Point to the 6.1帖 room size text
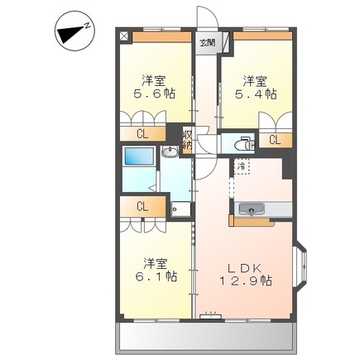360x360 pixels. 154,276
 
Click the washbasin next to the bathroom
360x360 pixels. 170,151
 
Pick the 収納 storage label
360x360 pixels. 188,142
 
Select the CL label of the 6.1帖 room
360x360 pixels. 142,207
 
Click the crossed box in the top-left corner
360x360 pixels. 124,37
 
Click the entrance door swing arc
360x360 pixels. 204,17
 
